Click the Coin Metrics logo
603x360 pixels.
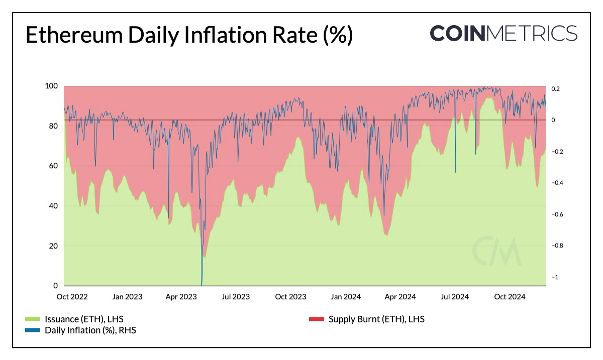coord(504,33)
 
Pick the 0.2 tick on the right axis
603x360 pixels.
coord(555,89)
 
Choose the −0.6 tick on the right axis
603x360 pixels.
coord(556,215)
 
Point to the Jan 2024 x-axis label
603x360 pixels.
coord(344,297)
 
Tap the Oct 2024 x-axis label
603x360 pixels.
coord(509,297)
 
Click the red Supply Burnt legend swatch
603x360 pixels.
coord(316,319)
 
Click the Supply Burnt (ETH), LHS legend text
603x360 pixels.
coord(376,319)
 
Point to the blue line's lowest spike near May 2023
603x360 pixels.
coord(202,284)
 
